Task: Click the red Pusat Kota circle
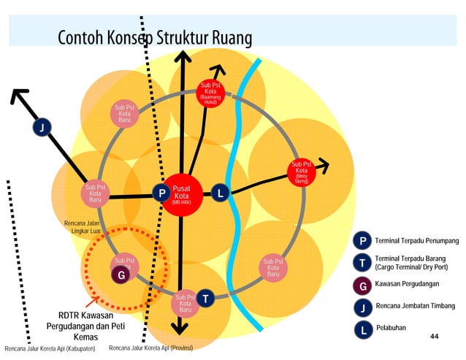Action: coord(181,195)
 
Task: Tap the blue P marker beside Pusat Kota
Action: coord(161,194)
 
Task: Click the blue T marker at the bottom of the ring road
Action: coord(206,298)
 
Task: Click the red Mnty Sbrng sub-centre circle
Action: coord(301,172)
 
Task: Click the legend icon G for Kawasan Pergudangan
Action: coord(362,286)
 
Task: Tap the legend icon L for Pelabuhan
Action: coord(362,329)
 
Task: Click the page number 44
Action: coord(435,336)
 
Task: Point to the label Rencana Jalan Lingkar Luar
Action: coord(82,226)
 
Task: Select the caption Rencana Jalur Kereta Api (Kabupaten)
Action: coord(50,349)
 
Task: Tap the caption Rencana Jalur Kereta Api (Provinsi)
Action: coord(150,348)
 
